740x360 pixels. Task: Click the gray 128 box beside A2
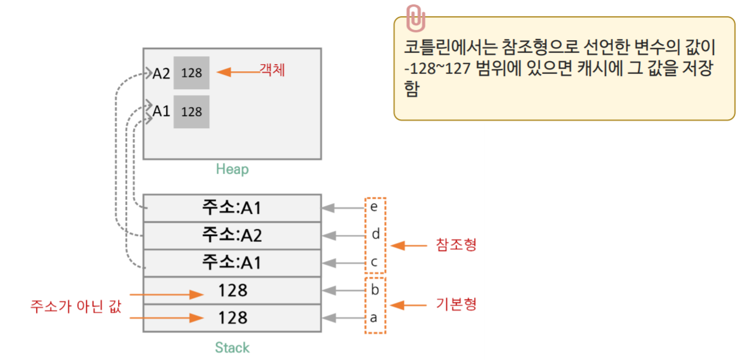[x=191, y=73]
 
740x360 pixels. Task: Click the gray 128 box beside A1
[x=191, y=111]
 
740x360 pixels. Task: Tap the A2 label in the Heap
[x=161, y=73]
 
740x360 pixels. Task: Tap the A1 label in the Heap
[x=161, y=111]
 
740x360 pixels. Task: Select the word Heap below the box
[x=232, y=170]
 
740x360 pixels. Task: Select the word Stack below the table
[x=232, y=347]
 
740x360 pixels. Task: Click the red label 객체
[x=271, y=70]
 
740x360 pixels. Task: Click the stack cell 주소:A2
[x=232, y=235]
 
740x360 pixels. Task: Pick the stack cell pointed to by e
[x=232, y=208]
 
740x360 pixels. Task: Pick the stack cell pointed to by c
[x=232, y=263]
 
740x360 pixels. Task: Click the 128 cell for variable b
[x=232, y=291]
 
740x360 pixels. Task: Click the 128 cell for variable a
[x=232, y=317]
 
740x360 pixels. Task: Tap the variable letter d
[x=376, y=234]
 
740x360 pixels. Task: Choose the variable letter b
[x=375, y=291]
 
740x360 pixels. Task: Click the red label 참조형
[x=457, y=246]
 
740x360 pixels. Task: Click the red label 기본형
[x=457, y=304]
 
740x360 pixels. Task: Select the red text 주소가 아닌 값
[x=75, y=306]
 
